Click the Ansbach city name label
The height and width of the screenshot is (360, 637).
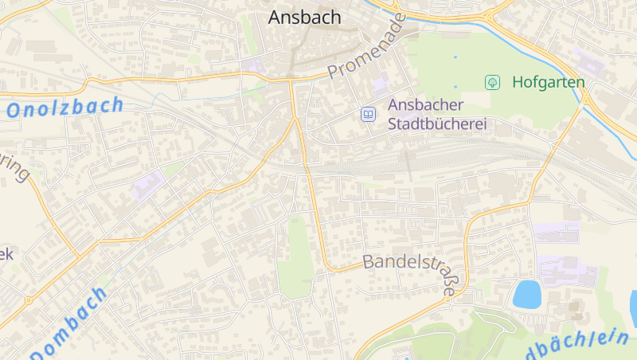304,17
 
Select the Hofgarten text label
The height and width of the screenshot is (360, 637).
548,82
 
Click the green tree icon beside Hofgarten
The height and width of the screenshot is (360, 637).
493,82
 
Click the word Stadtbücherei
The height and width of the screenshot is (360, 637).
437,124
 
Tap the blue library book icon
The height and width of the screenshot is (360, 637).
368,115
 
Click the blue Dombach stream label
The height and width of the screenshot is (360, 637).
70,323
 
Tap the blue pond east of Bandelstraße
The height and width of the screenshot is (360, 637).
526,294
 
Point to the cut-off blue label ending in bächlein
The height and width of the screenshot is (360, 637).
577,344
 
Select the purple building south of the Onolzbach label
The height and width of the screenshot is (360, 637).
147,186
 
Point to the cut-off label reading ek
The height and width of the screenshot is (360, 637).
6,255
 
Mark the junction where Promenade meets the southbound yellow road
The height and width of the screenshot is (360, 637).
291,80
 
